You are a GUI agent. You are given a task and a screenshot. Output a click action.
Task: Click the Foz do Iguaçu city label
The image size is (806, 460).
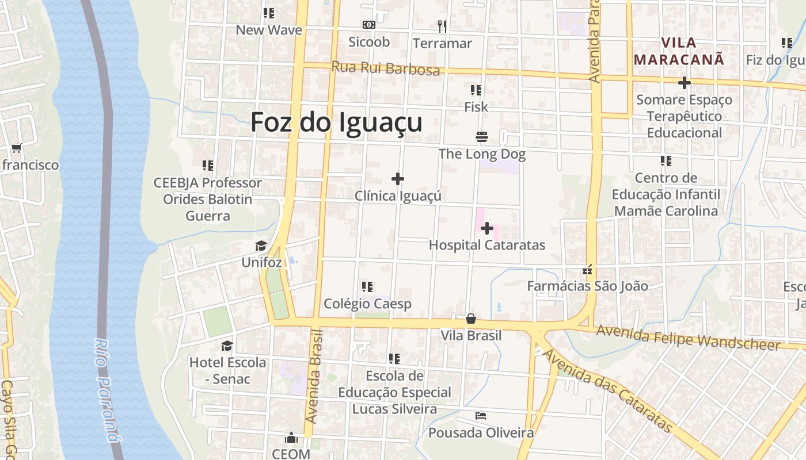pyautogui.click(x=336, y=122)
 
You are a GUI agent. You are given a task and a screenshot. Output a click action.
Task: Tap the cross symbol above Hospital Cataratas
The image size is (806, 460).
pyautogui.click(x=487, y=228)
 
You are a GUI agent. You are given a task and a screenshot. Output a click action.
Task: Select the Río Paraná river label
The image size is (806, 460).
pyautogui.click(x=108, y=390)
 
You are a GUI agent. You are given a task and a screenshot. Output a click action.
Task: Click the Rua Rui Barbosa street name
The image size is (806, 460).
pyautogui.click(x=386, y=68)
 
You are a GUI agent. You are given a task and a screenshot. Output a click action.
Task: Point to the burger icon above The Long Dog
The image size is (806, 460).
pyautogui.click(x=482, y=137)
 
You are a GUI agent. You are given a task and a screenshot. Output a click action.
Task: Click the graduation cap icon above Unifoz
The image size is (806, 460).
pyautogui.click(x=261, y=246)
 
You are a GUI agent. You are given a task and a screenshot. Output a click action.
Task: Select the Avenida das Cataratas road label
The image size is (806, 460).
pyautogui.click(x=608, y=391)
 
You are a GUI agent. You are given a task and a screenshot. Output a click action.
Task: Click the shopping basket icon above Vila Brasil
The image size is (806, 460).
pyautogui.click(x=471, y=319)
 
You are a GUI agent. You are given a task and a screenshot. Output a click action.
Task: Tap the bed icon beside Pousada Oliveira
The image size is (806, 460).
pyautogui.click(x=481, y=415)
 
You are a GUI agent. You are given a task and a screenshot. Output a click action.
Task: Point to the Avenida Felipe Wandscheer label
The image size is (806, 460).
pyautogui.click(x=689, y=338)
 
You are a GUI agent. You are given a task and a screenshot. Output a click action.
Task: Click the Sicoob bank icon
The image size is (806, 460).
pyautogui.click(x=369, y=25)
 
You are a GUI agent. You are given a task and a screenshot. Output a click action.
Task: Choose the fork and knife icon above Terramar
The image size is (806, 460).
pyautogui.click(x=442, y=26)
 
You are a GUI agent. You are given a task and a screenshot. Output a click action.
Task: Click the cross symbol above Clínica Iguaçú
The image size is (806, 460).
pyautogui.click(x=398, y=179)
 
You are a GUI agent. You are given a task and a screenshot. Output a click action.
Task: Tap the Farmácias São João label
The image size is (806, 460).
pyautogui.click(x=588, y=286)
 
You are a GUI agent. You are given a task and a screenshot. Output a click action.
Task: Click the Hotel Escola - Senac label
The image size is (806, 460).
pyautogui.click(x=228, y=370)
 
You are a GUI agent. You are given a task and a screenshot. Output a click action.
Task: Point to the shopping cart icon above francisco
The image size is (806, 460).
pyautogui.click(x=16, y=148)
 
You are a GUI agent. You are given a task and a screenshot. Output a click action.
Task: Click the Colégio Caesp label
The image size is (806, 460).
pyautogui.click(x=367, y=304)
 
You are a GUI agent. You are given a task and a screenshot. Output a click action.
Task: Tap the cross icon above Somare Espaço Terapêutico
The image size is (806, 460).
pyautogui.click(x=684, y=83)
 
